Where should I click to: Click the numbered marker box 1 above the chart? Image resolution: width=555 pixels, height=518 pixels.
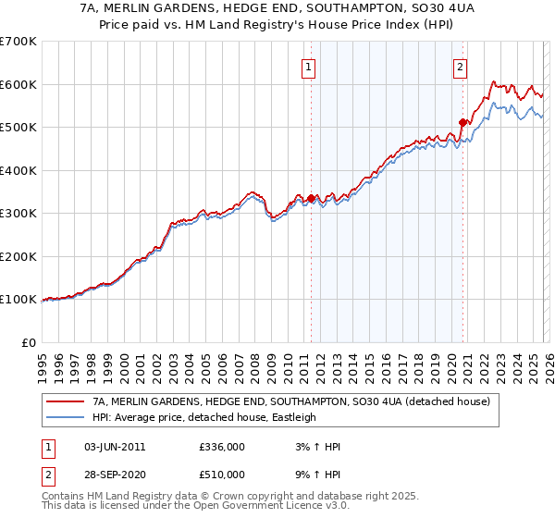point(308,66)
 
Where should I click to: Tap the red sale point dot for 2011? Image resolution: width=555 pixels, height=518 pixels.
point(311,198)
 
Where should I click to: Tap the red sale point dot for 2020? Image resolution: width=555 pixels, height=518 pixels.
point(464,121)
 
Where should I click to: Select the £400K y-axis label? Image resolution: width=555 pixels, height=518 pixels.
point(18,170)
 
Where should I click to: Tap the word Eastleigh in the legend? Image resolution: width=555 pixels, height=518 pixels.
point(294,417)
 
